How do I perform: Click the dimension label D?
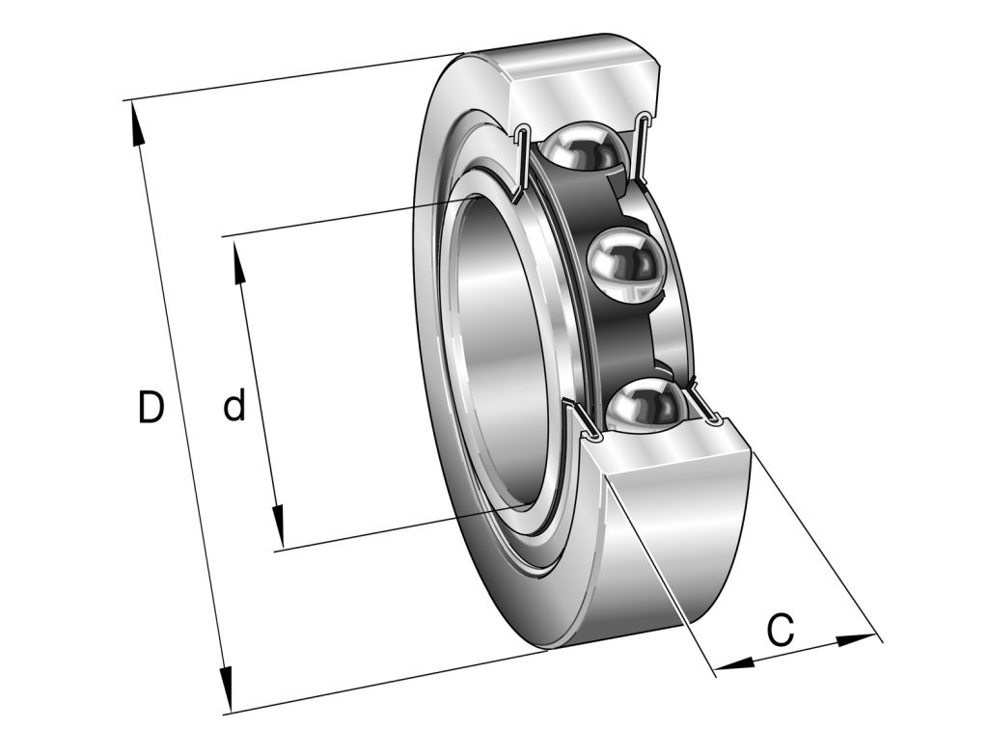tap(151, 408)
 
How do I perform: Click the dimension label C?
tap(781, 631)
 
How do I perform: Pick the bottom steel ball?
tap(644, 405)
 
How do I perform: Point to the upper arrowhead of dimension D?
tap(136, 123)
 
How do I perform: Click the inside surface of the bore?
tap(492, 357)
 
